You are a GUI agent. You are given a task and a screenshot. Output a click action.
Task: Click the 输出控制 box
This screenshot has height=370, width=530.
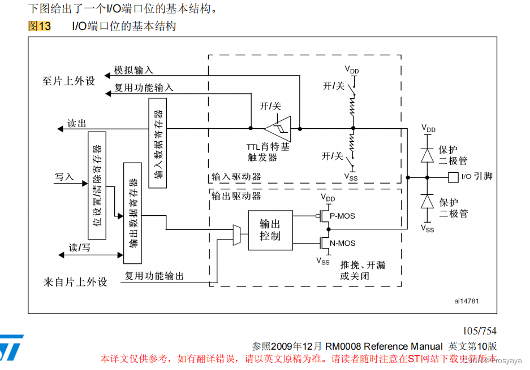[x=271, y=230]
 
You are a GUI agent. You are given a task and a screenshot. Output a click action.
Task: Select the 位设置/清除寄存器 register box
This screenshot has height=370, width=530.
[x=97, y=185]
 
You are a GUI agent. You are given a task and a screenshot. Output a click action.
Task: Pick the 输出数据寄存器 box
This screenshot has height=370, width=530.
[x=132, y=213]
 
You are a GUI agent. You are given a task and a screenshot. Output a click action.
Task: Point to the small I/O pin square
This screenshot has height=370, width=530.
[x=452, y=177]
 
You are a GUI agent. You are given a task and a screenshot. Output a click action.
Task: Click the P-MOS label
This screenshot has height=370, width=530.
[x=343, y=216]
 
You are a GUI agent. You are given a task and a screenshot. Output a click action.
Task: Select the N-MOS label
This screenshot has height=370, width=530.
[x=343, y=243]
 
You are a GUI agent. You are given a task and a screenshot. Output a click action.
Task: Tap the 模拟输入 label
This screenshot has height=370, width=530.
[x=133, y=70]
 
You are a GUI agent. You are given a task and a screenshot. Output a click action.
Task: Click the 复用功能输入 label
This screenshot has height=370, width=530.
[x=144, y=88]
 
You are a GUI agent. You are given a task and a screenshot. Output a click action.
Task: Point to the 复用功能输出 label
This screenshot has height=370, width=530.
[x=154, y=276]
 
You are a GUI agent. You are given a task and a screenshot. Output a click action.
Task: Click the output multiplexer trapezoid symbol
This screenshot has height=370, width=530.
[x=237, y=234]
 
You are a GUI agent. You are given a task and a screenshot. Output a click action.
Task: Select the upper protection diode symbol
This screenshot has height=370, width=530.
[x=427, y=155]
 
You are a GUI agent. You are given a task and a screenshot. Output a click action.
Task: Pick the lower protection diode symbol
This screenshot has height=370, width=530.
[x=427, y=202]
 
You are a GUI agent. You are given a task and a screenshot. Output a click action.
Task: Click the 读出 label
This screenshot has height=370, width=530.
[x=77, y=123]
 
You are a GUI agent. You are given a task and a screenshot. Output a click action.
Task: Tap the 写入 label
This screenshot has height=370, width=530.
[x=64, y=177]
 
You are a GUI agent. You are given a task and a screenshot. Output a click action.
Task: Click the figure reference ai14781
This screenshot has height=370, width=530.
[x=466, y=301]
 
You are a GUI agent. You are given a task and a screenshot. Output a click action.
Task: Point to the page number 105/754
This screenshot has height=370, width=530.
[x=479, y=331]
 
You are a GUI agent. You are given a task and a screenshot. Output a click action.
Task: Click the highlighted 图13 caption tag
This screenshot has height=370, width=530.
[x=40, y=26]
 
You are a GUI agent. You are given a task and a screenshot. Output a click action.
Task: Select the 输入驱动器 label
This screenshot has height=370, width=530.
[x=236, y=177]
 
